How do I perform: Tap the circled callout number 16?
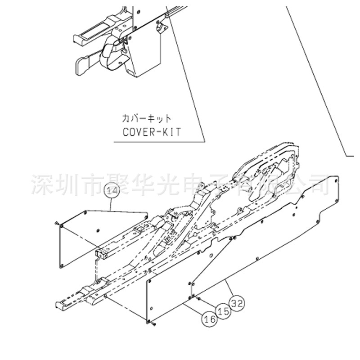coord(208,319)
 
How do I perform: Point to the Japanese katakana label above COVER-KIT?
coord(147,119)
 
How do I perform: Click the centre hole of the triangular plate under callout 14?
coord(99,230)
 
